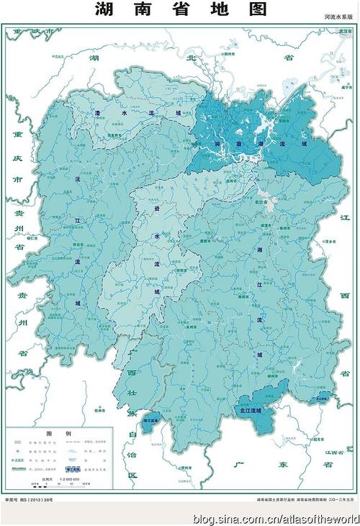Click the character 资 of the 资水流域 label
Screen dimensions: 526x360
157,209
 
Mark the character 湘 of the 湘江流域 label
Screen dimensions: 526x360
259,249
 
